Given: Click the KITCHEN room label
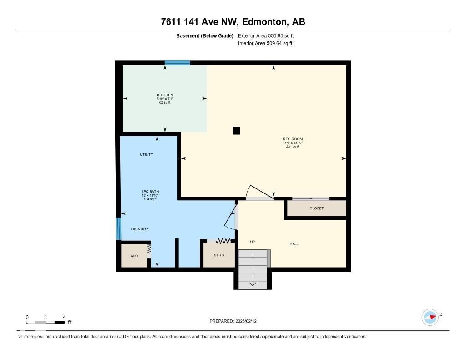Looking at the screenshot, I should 165,95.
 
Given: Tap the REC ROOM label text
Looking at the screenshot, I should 292,139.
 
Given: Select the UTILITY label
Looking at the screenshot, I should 146,154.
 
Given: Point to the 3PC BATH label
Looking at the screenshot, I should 150,191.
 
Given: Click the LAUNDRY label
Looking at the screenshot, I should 140,229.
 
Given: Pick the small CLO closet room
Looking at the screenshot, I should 134,256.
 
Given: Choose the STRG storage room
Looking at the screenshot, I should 219,255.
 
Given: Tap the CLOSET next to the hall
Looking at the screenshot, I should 316,208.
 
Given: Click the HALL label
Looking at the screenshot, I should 294,244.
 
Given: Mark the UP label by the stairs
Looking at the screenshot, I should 253,242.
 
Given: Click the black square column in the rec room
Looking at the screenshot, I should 236,131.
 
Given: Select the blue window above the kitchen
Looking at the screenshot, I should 177,63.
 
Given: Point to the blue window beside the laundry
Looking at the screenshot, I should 119,228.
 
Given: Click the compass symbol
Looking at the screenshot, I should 430,317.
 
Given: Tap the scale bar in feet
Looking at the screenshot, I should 46,322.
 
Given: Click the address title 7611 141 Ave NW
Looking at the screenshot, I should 233,22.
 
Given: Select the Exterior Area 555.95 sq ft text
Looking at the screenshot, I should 269,35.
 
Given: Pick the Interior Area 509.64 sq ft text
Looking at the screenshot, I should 265,44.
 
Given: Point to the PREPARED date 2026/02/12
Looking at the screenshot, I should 236,321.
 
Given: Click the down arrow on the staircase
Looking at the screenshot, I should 253,284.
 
